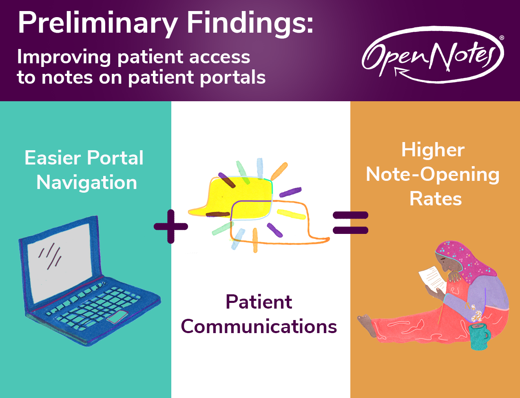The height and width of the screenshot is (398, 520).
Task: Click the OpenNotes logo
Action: (x=432, y=55)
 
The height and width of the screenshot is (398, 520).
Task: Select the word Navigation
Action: (x=86, y=182)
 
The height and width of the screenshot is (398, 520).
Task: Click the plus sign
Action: (x=170, y=226)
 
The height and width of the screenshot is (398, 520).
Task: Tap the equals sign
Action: (x=350, y=222)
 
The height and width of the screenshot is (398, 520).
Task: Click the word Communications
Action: (x=259, y=327)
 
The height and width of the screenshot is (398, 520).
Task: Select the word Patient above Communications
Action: (x=259, y=302)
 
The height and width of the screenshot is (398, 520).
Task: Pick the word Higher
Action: (x=433, y=150)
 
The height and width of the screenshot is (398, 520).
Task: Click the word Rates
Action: (x=435, y=199)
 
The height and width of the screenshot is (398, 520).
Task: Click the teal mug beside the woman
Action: (x=478, y=337)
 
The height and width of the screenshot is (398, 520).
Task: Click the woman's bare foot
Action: (x=366, y=322)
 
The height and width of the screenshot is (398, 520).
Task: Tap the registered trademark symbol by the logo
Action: (x=501, y=38)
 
